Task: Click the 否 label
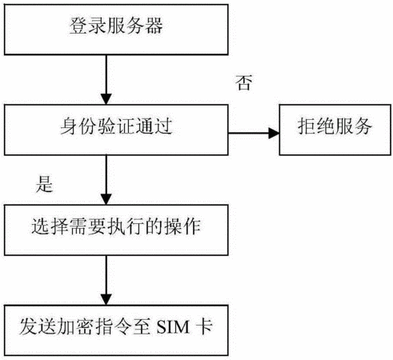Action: (x=243, y=82)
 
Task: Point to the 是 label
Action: (x=45, y=184)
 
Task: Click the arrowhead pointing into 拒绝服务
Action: (x=274, y=133)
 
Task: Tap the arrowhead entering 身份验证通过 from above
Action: (x=106, y=99)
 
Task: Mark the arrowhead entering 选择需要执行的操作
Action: (x=106, y=199)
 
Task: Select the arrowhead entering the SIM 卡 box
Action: (x=106, y=300)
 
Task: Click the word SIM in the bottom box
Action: (x=173, y=327)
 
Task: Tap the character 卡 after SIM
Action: (x=204, y=326)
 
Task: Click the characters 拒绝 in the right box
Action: (x=316, y=126)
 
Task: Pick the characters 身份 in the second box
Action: (x=78, y=126)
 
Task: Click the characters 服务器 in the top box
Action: (x=134, y=26)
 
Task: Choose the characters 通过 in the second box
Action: (x=154, y=126)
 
